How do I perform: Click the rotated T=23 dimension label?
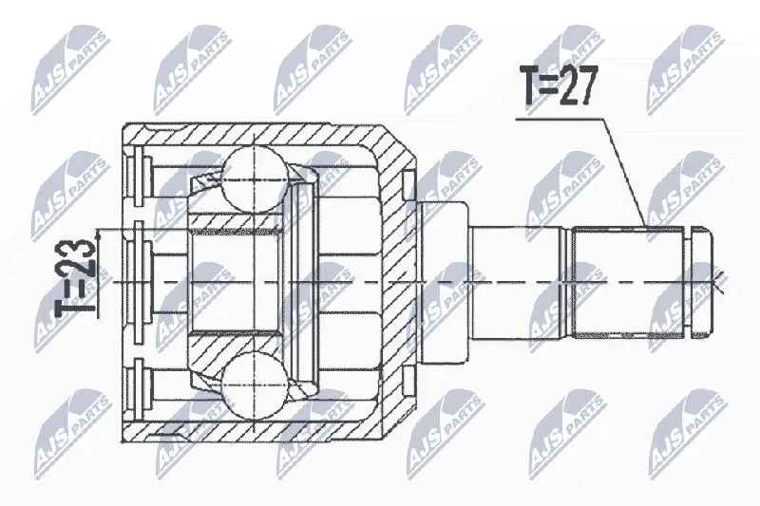tap(75, 275)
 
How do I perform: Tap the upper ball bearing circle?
tap(253, 179)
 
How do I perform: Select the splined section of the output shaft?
tap(628, 282)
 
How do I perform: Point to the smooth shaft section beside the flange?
tap(518, 282)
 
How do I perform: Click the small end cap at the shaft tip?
tap(701, 282)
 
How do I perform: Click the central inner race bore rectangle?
tap(236, 282)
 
